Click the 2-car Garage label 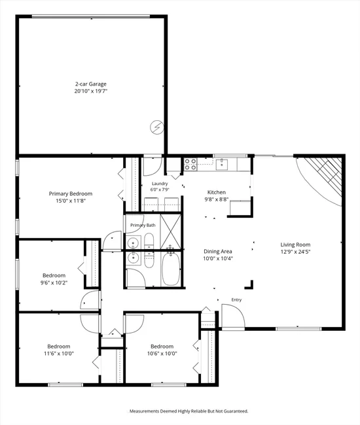point(91,84)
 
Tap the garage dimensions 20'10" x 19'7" point(91,91)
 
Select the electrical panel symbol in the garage point(157,127)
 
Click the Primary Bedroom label point(71,194)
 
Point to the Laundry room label point(160,184)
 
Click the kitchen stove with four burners point(190,164)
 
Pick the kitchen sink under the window point(222,165)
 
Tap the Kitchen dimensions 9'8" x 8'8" point(217,199)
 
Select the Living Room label point(295,245)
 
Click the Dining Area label point(218,251)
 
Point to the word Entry point(236,299)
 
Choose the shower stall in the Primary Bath point(170,231)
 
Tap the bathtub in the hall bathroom point(171,269)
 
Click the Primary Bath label point(143,225)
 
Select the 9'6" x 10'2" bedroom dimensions point(54,282)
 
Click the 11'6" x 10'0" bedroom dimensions point(59,354)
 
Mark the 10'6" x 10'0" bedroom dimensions point(162,354)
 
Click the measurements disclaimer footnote point(189,411)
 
